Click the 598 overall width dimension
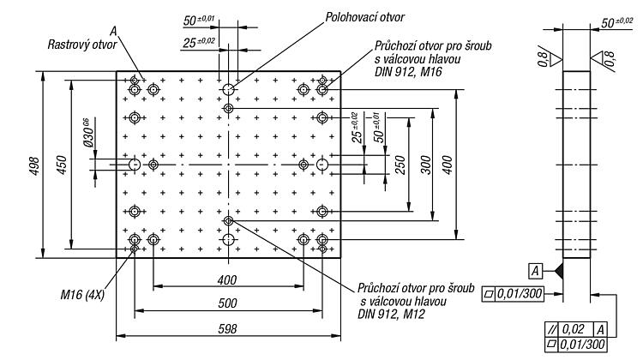coord(227,329)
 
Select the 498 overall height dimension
coord(35,166)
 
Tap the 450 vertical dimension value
coord(62,165)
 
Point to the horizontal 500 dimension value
coord(227,303)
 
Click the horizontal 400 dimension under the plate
coord(227,280)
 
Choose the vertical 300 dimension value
coord(426,165)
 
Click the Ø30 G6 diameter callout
coord(88,132)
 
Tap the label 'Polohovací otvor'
coord(364,17)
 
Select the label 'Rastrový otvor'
coord(82,45)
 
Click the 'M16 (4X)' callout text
coord(82,294)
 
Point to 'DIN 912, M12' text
coord(391,315)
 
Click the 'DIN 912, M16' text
coord(408,72)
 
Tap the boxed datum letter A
coord(535,271)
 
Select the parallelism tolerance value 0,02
coord(573,329)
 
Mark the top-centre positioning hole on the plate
coord(228,89)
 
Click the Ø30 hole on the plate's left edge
coord(135,165)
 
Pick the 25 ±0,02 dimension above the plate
coord(199,42)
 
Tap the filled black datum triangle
coord(558,271)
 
